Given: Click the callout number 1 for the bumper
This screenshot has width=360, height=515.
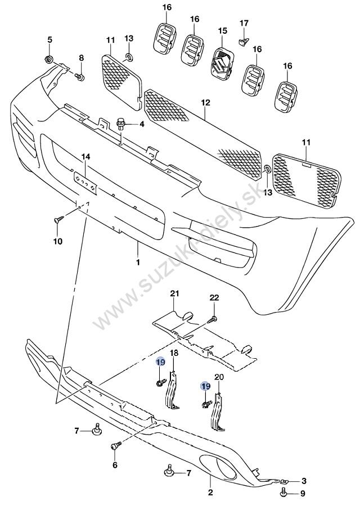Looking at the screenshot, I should click(x=138, y=262).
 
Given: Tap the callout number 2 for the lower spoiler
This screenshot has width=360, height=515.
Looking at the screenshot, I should click(x=210, y=494).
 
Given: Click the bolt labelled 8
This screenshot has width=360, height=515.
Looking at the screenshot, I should click(x=80, y=77).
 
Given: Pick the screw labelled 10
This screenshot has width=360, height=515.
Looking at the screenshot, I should click(x=57, y=220).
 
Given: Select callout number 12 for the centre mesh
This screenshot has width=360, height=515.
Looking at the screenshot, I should click(x=205, y=103).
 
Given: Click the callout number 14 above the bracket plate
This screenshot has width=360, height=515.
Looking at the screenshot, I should click(x=85, y=156).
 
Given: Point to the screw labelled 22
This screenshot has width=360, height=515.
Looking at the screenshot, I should click(x=213, y=319).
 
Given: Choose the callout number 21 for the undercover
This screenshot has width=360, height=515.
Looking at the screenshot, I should click(x=174, y=294).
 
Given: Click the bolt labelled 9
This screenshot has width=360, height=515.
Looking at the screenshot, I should click(x=283, y=493).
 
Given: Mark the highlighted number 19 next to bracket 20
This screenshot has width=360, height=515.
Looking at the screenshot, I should click(x=206, y=386).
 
